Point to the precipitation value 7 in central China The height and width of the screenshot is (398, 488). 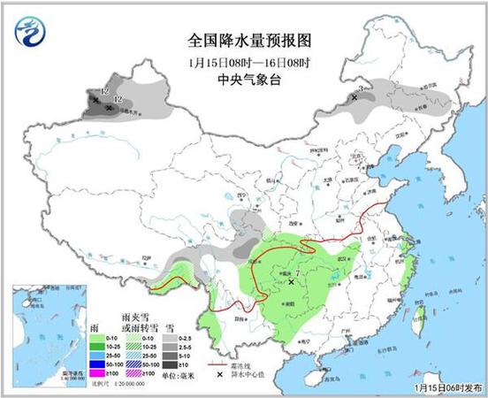[299, 277]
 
